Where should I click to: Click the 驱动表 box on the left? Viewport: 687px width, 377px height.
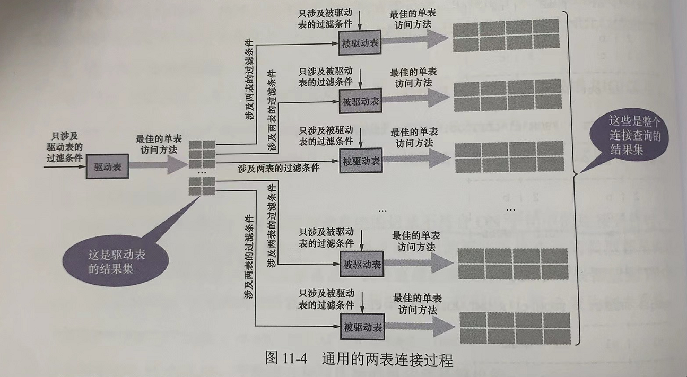[108, 166]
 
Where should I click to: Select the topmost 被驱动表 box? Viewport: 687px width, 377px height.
[361, 43]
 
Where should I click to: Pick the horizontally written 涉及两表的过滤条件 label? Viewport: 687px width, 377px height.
[279, 168]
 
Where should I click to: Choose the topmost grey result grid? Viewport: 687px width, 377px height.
[506, 35]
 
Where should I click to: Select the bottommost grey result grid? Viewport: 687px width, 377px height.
[515, 328]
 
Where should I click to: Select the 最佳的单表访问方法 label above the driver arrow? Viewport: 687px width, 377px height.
[159, 144]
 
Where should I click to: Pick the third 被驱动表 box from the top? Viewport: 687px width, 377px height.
[361, 159]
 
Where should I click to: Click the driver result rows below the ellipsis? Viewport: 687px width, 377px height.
[202, 186]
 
